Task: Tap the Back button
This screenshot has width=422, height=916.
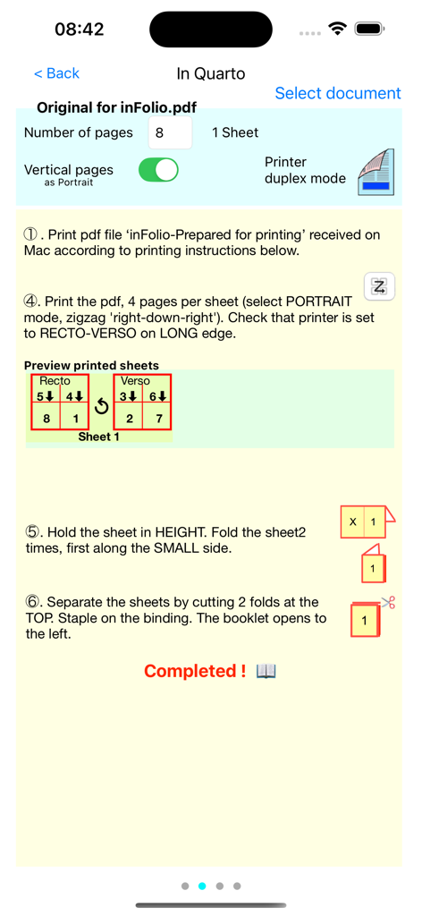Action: point(56,73)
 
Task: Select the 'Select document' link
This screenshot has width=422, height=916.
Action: point(337,93)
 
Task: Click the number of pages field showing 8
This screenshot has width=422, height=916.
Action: point(169,132)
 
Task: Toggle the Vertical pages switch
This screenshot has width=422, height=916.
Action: point(158,169)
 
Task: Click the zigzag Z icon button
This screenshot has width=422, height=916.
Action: point(379,286)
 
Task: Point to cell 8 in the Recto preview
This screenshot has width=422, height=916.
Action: point(45,418)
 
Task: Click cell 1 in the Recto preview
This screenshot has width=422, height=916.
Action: point(74,418)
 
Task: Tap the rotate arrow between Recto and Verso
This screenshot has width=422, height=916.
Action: point(101,406)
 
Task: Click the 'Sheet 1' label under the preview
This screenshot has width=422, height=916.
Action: point(99,437)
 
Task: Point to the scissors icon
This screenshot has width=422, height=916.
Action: point(387,603)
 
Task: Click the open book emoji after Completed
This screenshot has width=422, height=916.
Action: point(266,671)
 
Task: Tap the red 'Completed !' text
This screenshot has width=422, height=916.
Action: point(194,671)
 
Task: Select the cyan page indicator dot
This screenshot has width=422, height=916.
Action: point(202,886)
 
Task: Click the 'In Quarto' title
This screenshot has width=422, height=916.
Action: point(210,73)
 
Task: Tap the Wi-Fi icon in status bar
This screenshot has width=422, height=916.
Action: point(337,29)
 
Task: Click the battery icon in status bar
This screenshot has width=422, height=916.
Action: point(369,29)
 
